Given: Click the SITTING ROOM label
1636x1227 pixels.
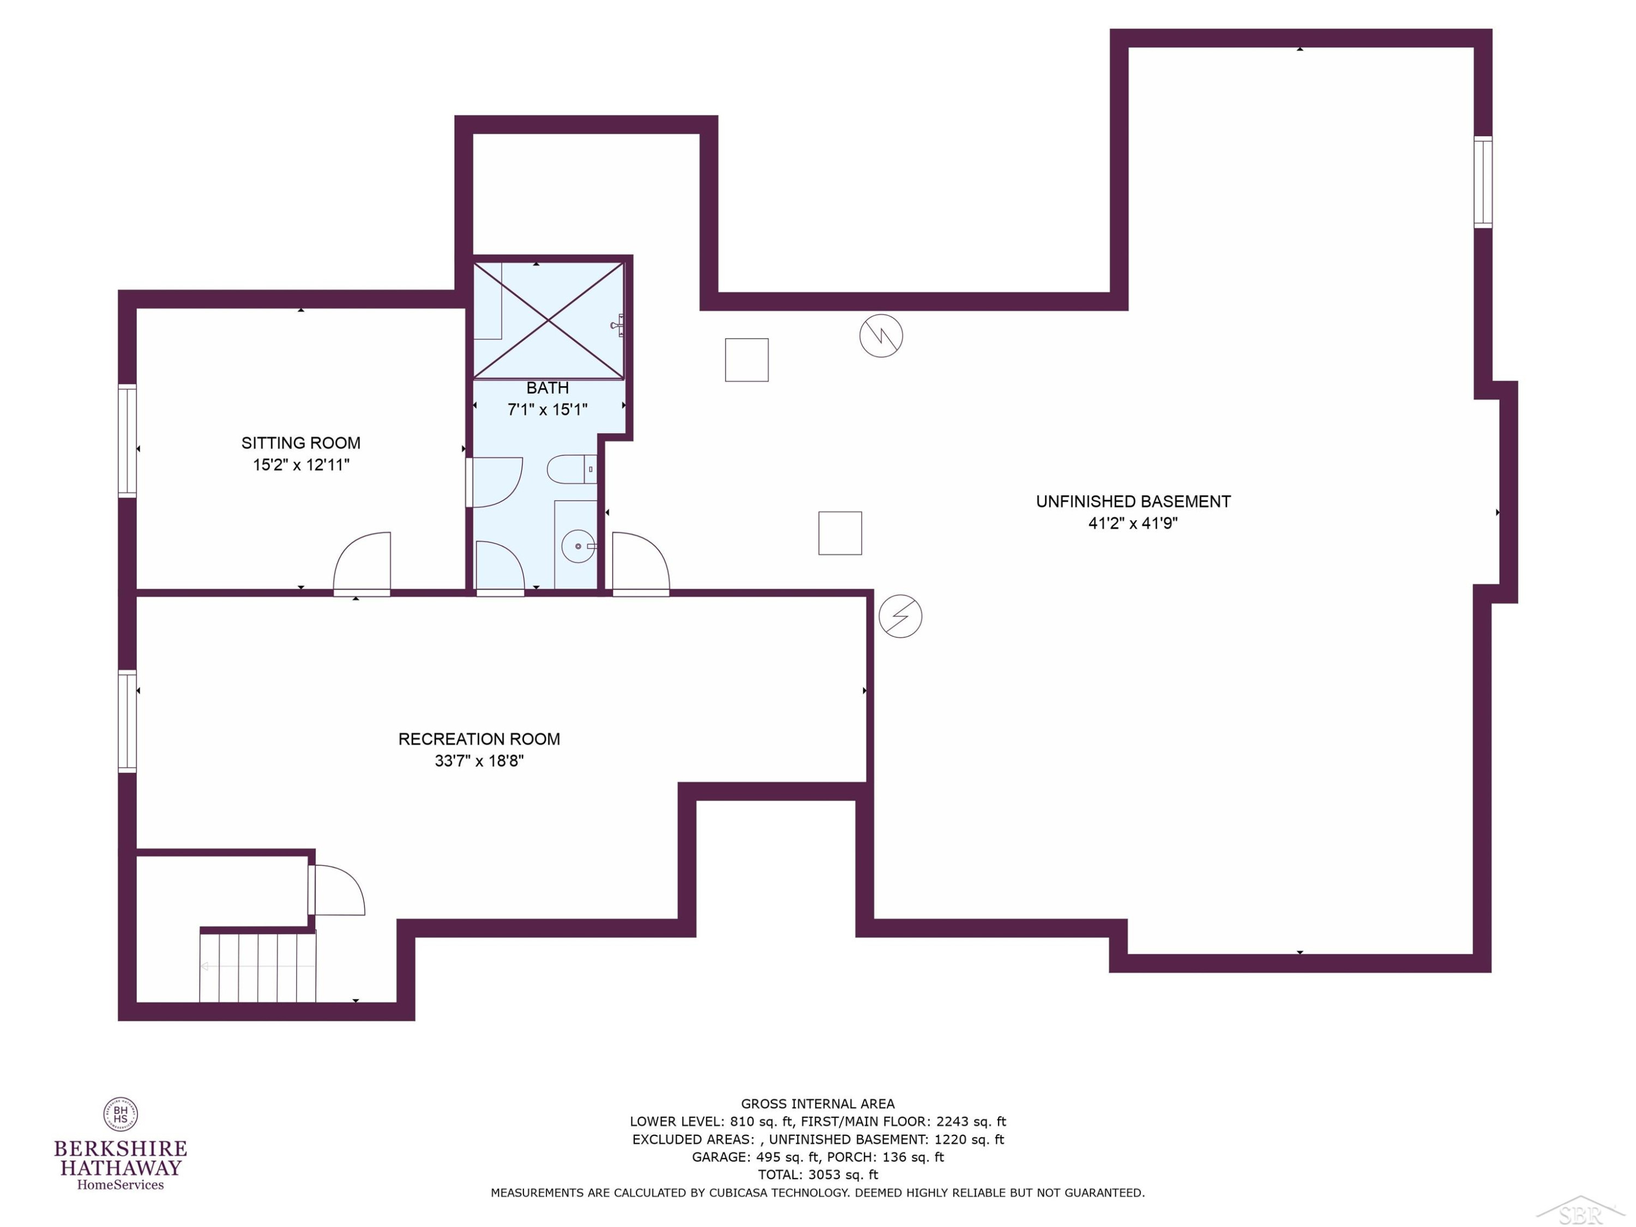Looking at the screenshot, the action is tap(301, 443).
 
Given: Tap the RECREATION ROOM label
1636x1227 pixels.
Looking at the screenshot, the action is tap(479, 739).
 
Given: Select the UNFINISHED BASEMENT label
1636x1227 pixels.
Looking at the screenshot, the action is tap(1133, 502).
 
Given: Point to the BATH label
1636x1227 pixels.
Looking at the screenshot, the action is tap(548, 388).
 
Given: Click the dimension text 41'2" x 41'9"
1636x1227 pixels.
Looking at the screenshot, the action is tap(1133, 523).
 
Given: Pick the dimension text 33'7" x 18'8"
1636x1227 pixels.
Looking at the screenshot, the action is tap(479, 760).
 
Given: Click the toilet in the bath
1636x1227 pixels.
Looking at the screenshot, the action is tap(572, 470).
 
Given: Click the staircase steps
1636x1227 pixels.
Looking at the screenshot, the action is tap(258, 967).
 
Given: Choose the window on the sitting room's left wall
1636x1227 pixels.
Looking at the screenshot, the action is tap(127, 441).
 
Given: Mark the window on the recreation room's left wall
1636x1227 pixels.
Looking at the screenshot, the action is tap(127, 721).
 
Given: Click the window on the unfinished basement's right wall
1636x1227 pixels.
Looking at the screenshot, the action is tap(1483, 182).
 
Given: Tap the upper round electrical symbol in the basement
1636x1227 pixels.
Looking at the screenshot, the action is tap(881, 336).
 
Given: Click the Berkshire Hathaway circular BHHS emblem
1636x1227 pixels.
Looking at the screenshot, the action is tap(121, 1115).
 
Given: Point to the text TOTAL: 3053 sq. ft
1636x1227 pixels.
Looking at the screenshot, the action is tap(818, 1175).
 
